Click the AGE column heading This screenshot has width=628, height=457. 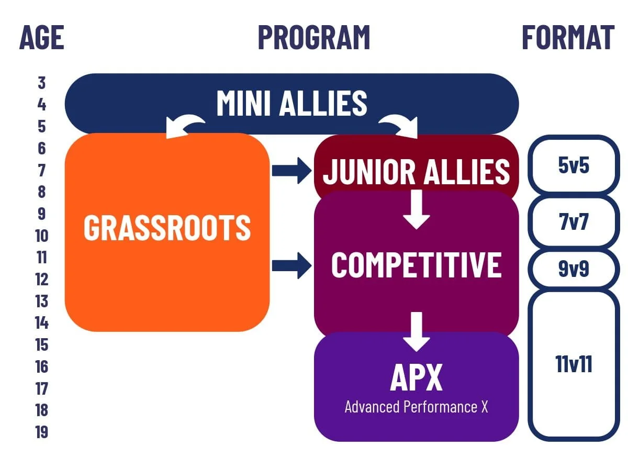pos(42,38)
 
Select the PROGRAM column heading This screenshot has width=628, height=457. pos(314,38)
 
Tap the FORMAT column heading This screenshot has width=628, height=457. pos(568,38)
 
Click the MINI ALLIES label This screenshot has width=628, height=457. pos(291,103)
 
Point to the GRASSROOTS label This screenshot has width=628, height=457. pos(167,228)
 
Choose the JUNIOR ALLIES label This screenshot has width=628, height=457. pos(416,171)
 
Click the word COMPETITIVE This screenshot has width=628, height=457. pos(416,264)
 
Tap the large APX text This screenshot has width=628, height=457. pos(416,377)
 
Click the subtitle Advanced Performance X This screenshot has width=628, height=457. pos(416,407)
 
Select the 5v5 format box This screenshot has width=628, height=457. pos(574,165)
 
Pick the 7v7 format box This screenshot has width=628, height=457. pos(574,222)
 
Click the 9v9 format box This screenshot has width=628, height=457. pos(574,269)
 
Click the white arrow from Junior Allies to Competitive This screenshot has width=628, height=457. pos(416,208)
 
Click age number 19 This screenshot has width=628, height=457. pos(42,432)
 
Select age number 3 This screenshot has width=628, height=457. pos(42,83)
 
